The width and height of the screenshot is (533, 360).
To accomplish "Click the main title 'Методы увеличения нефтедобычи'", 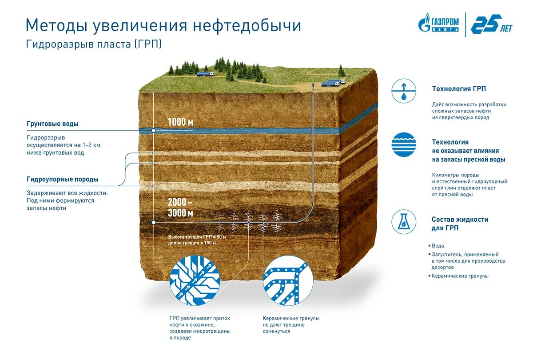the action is [x=163, y=25].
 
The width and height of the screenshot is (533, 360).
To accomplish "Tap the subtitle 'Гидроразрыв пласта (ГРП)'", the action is [x=93, y=44].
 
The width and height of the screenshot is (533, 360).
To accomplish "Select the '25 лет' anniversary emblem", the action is [x=490, y=24].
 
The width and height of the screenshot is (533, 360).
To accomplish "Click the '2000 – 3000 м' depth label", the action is [x=180, y=208].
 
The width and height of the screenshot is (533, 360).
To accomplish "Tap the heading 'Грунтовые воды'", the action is [x=56, y=124].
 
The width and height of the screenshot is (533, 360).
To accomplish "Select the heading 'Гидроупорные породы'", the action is [x=63, y=180].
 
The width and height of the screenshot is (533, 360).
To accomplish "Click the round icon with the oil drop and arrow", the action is [x=404, y=91].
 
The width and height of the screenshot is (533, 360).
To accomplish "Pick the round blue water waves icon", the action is [x=404, y=145].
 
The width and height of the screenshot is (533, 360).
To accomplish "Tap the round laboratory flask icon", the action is [x=404, y=222].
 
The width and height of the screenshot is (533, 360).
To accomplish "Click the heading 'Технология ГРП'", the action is [x=459, y=89].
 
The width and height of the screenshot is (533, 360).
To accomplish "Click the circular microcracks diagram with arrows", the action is [x=195, y=280].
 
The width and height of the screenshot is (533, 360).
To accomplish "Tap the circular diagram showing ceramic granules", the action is [x=288, y=280].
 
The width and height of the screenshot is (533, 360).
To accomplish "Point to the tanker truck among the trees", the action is [x=205, y=74].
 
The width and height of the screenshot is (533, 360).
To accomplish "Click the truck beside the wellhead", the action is [x=331, y=83].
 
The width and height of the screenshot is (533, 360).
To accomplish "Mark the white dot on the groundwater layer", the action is [x=154, y=131].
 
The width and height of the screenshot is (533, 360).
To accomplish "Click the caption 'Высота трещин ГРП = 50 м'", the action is [x=197, y=237].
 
